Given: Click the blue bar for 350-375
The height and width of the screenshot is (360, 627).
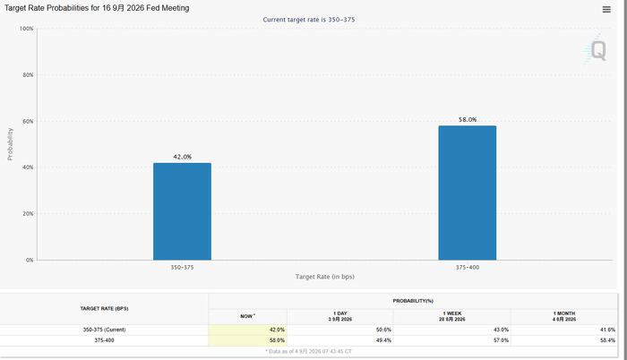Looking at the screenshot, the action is (x=183, y=211).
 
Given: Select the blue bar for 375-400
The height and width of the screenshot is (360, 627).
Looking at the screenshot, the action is (x=467, y=193).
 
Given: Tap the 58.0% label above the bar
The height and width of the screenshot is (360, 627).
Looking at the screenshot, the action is (x=468, y=120).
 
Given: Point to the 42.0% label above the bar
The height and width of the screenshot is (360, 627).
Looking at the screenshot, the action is (x=183, y=157).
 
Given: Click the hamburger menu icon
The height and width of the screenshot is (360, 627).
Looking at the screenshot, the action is (x=606, y=10).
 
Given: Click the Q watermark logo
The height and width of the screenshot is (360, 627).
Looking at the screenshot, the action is (x=595, y=50).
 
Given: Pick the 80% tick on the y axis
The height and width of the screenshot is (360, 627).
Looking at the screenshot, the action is (x=28, y=75).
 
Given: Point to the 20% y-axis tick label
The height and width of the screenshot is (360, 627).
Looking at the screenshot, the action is (x=28, y=214).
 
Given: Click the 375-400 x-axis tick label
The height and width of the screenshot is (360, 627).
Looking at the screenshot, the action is (x=468, y=267).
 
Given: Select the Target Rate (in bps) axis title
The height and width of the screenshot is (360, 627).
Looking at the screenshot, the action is (x=324, y=277).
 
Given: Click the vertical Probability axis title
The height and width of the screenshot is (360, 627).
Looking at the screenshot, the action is (x=10, y=144).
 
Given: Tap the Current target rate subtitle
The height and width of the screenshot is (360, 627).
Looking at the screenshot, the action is (x=309, y=20).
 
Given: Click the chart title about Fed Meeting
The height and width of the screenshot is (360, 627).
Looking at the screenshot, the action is (x=97, y=8).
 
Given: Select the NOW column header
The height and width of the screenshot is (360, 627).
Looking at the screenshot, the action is (x=247, y=316).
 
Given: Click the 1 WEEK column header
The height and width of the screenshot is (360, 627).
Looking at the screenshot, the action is (x=451, y=316).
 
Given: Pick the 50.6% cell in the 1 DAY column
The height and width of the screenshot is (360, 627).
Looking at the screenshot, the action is (x=383, y=330).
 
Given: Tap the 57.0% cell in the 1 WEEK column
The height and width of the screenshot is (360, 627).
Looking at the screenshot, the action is (x=501, y=340).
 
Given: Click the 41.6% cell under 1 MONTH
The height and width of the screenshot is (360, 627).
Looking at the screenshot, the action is (x=608, y=330).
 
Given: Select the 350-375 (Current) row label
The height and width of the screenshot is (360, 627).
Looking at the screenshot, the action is (x=105, y=330).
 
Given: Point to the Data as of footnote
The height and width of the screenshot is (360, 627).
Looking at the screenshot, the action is (x=308, y=351).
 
